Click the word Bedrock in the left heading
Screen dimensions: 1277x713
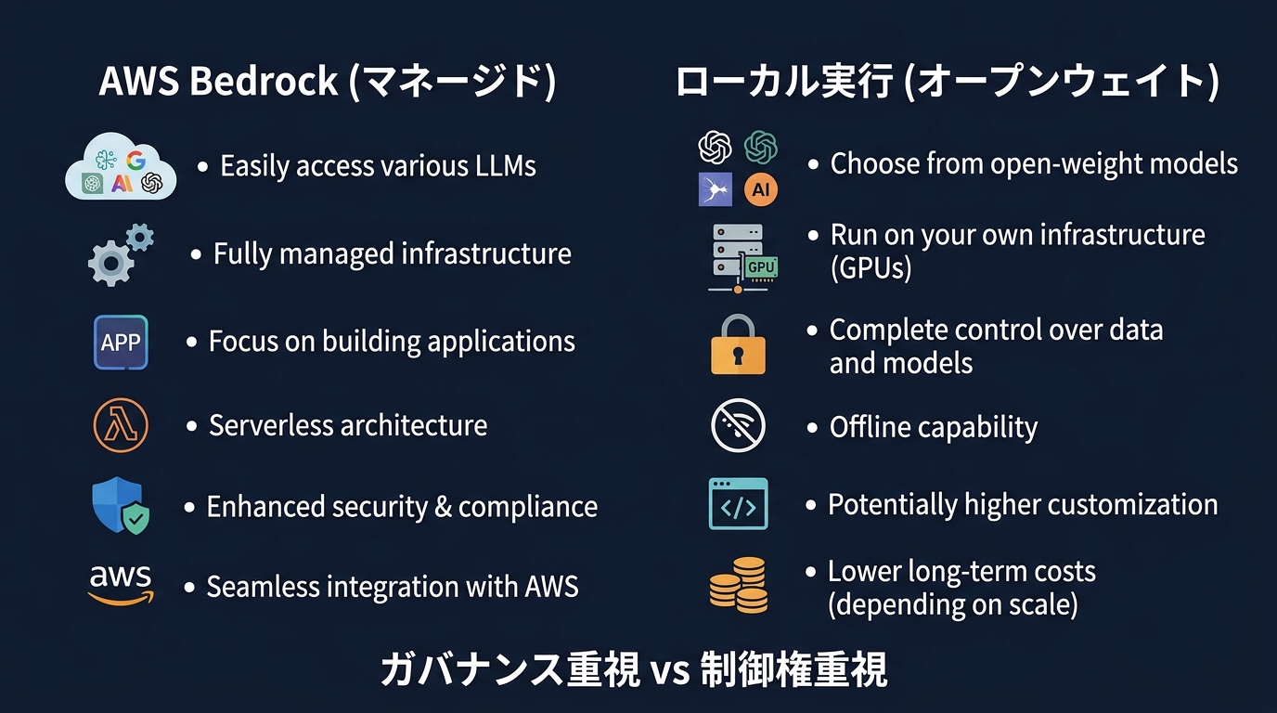(264, 81)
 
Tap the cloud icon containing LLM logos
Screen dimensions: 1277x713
(121, 166)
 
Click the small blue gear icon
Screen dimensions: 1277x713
(140, 237)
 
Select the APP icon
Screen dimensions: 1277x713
(121, 343)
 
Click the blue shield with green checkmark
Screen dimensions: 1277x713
(121, 506)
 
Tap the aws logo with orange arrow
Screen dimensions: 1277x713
(121, 585)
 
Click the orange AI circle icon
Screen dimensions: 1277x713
(760, 189)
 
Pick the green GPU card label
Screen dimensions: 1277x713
(760, 267)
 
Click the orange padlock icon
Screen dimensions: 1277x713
(739, 345)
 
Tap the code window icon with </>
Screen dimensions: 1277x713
(739, 504)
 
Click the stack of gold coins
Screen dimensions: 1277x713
(739, 585)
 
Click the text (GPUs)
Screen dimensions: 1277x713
(871, 268)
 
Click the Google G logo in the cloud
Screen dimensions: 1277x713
(135, 161)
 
